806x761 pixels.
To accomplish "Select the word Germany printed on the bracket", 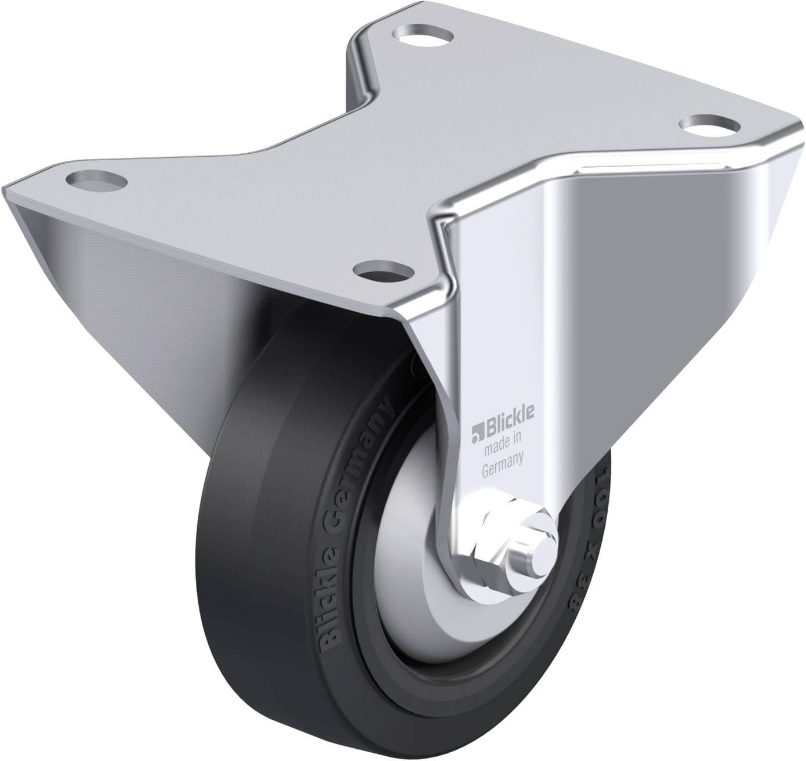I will pos(503,458).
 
